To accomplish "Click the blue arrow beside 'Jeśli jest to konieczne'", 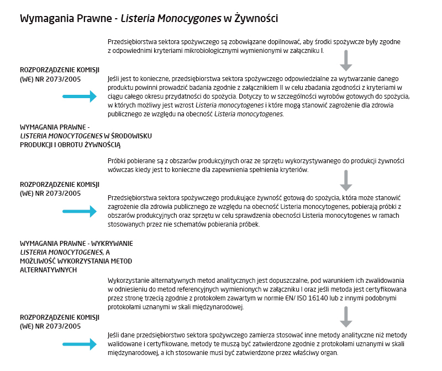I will (80, 96).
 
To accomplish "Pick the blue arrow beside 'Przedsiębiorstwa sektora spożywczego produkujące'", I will (80, 211).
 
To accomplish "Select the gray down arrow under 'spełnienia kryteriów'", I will (346, 180).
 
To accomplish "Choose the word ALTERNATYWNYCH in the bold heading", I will (48, 270).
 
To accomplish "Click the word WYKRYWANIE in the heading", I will (114, 243).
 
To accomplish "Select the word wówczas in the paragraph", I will (122, 170).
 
